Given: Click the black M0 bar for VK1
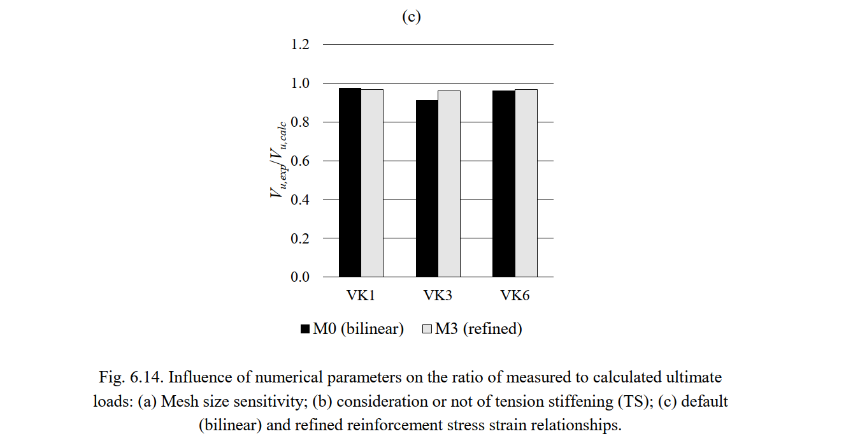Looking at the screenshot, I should [350, 182].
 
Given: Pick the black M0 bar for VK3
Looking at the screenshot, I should [427, 189].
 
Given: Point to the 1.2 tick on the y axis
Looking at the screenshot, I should [301, 45].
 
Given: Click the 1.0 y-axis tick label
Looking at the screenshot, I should [301, 84].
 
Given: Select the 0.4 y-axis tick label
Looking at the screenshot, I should [301, 200].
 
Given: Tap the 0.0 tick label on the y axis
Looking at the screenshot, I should [301, 277].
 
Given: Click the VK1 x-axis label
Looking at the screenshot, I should [361, 296].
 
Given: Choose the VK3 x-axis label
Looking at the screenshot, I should [438, 296].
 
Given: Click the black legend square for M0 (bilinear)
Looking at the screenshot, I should [305, 330].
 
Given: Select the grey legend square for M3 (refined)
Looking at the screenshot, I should [427, 330].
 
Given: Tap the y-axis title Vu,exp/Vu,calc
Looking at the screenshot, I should [278, 160].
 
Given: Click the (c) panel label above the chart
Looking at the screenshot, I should [412, 17].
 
